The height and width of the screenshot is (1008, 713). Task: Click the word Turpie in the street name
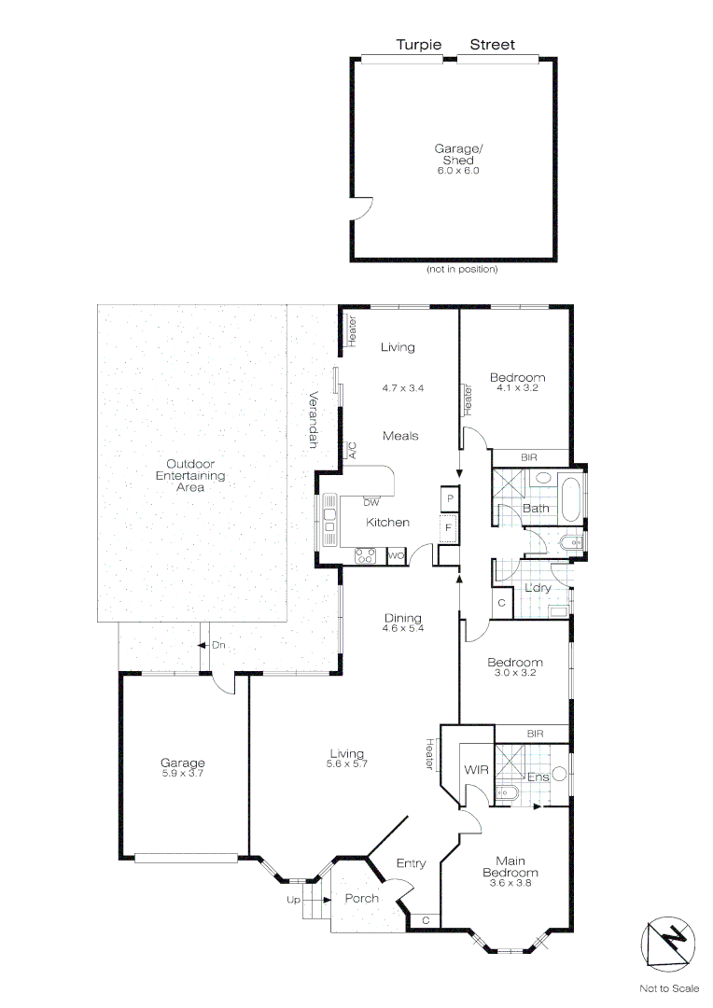tap(419, 45)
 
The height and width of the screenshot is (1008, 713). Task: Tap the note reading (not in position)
tap(462, 270)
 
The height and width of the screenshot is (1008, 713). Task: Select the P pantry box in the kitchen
tap(450, 499)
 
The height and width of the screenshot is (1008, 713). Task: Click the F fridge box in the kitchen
tap(449, 528)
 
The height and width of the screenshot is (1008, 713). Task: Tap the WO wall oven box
tap(395, 556)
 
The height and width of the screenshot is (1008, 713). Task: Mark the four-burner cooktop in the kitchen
tap(365, 556)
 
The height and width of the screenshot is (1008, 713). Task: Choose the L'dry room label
tap(537, 588)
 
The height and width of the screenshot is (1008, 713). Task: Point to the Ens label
tap(538, 777)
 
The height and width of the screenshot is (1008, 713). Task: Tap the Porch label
tap(362, 899)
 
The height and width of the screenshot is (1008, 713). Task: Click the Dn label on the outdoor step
tap(218, 645)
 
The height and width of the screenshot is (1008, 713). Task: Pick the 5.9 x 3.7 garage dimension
tap(183, 774)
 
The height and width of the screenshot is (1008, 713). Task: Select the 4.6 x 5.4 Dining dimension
tap(403, 629)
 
